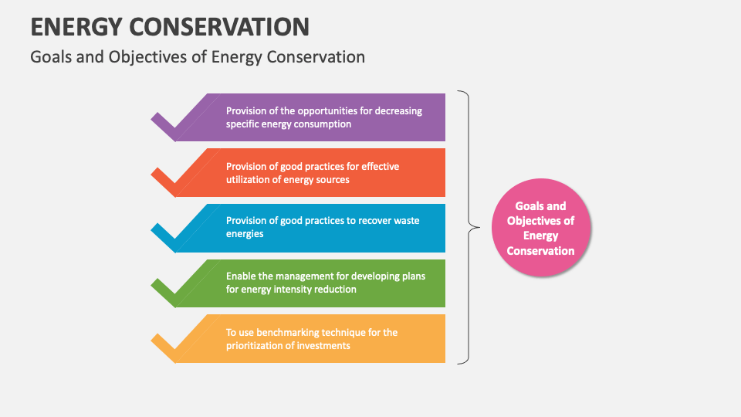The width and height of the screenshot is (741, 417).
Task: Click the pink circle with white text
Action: click(x=540, y=228)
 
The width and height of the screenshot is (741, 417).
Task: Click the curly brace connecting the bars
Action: click(x=465, y=227)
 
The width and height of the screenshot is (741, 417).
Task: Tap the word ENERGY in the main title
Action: click(x=74, y=26)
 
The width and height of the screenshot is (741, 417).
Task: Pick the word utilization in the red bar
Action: click(x=251, y=179)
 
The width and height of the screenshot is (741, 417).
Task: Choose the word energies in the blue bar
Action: click(x=245, y=234)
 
